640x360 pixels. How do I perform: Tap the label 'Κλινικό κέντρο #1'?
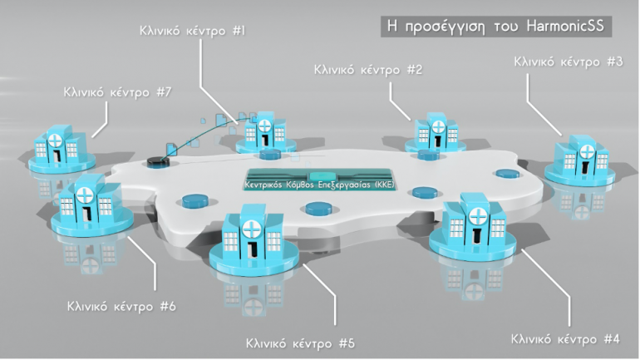click(192, 30)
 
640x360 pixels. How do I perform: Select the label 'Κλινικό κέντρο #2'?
click(367, 70)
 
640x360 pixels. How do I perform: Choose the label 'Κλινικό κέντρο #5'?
click(301, 343)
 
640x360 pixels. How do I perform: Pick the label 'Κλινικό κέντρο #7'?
click(117, 91)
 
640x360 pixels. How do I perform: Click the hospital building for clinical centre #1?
click(263, 131)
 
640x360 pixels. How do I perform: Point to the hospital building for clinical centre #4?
click(475, 225)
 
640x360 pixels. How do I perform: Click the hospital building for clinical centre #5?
click(250, 237)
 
